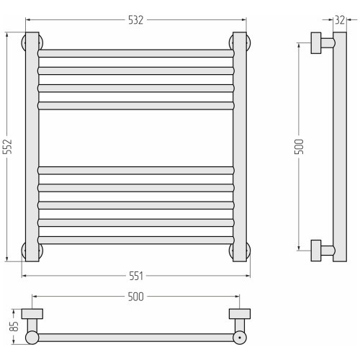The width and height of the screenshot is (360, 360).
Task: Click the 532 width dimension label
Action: click(135, 20)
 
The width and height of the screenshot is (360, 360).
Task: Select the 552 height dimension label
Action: click(8, 146)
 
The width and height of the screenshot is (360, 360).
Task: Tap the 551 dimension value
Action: click(136, 276)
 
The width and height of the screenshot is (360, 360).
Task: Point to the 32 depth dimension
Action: click(340, 20)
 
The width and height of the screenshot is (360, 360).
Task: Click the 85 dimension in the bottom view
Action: click(14, 326)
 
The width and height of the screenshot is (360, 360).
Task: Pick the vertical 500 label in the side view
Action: click(299, 146)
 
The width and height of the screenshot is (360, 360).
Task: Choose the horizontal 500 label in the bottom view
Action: click(135, 297)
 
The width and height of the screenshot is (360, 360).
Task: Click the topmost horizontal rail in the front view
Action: click(136, 53)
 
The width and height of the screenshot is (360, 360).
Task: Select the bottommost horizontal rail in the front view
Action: click(136, 240)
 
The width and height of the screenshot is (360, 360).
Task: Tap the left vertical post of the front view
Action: click(32, 147)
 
